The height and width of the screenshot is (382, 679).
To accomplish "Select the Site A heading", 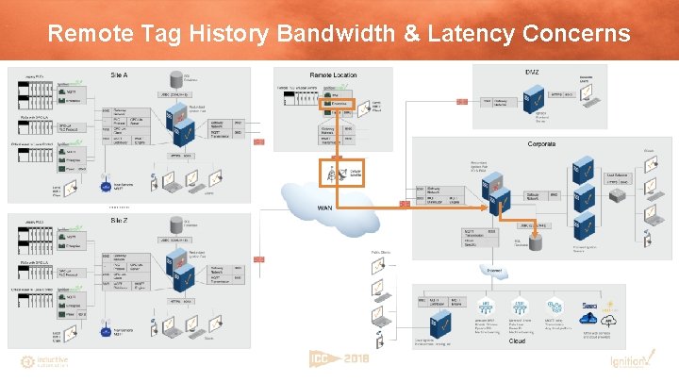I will tap(121, 74).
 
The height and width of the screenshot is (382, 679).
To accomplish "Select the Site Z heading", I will tap(121, 220).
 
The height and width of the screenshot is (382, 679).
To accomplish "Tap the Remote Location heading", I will tap(333, 75).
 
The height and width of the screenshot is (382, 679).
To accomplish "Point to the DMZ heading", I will tap(532, 73).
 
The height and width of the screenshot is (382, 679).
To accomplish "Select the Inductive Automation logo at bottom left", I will tap(44, 361).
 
